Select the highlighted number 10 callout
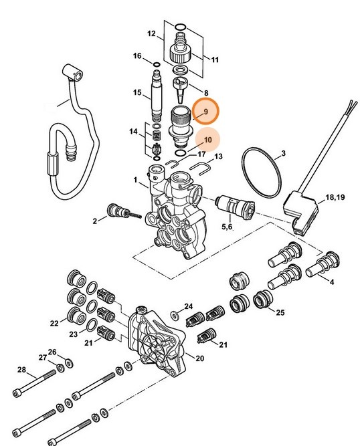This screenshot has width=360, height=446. (x=208, y=140)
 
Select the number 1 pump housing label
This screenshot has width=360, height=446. (x=135, y=180)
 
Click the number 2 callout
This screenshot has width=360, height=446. (x=95, y=220)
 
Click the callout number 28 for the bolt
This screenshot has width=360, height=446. (x=21, y=370)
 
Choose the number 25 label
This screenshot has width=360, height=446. (x=280, y=312)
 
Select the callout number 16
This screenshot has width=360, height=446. (x=137, y=55)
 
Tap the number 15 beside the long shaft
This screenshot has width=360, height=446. (x=137, y=92)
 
